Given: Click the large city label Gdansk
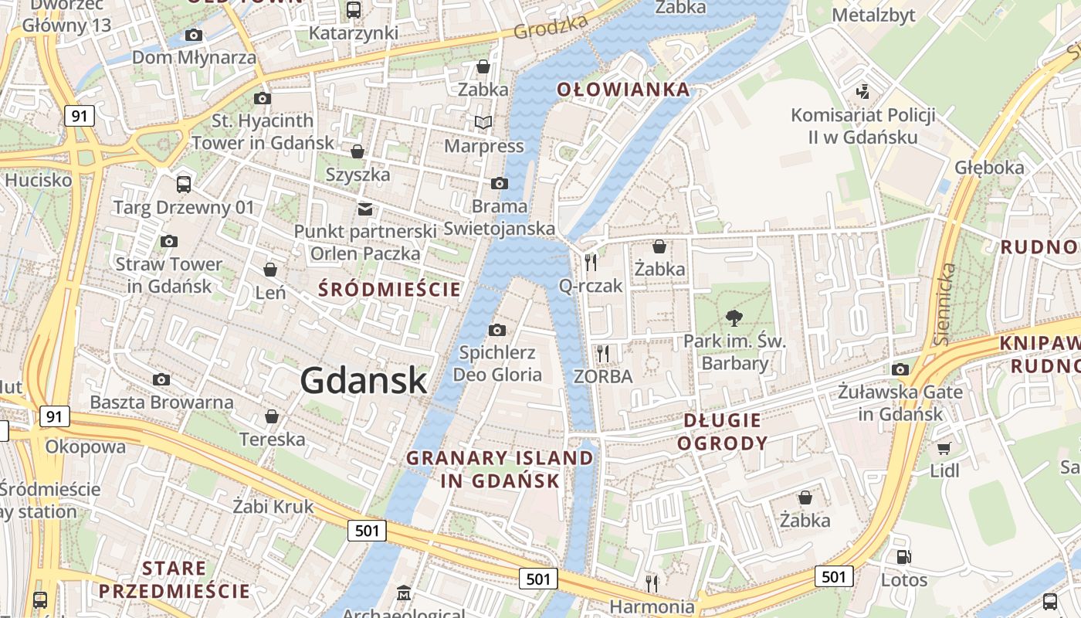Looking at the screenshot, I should pyautogui.click(x=363, y=380).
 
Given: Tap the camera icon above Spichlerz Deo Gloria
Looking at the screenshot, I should pyautogui.click(x=497, y=331).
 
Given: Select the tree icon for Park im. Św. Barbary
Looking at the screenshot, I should pyautogui.click(x=734, y=317).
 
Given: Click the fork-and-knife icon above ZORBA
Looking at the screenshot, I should pyautogui.click(x=603, y=354).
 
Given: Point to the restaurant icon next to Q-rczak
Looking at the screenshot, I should pyautogui.click(x=591, y=263).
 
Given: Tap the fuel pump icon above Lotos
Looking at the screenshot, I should pyautogui.click(x=903, y=557).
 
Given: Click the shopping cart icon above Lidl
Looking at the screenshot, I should pyautogui.click(x=944, y=449).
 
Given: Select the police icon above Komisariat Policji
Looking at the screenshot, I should pyautogui.click(x=863, y=92).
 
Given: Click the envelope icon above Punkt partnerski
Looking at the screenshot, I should pyautogui.click(x=364, y=209).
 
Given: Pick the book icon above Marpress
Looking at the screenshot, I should pyautogui.click(x=483, y=123).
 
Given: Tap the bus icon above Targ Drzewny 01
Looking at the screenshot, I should pyautogui.click(x=183, y=184).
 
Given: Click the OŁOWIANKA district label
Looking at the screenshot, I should pyautogui.click(x=623, y=90).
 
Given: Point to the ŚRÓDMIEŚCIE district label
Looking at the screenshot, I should pyautogui.click(x=390, y=290).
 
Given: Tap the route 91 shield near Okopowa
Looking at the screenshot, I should pyautogui.click(x=53, y=417).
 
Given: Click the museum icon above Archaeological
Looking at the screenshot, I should pyautogui.click(x=403, y=593).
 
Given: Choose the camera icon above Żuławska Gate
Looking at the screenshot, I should pyautogui.click(x=900, y=369).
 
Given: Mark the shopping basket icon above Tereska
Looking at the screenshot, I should pyautogui.click(x=272, y=417).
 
